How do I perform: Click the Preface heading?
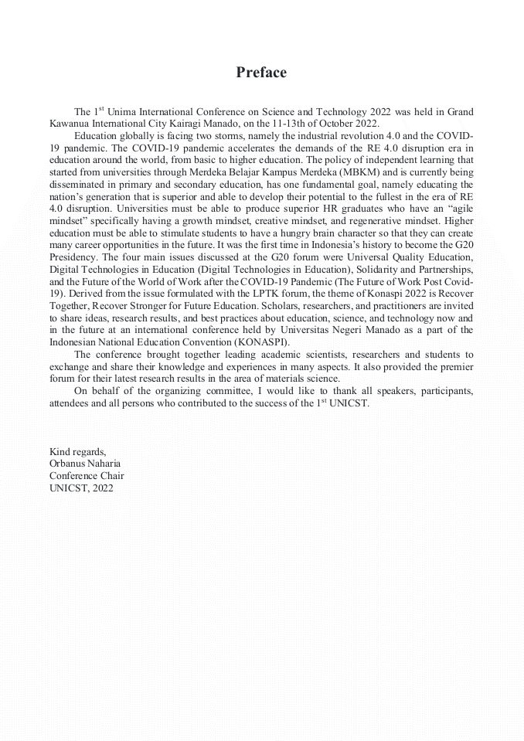click(x=261, y=73)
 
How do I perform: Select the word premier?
click(x=454, y=365)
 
